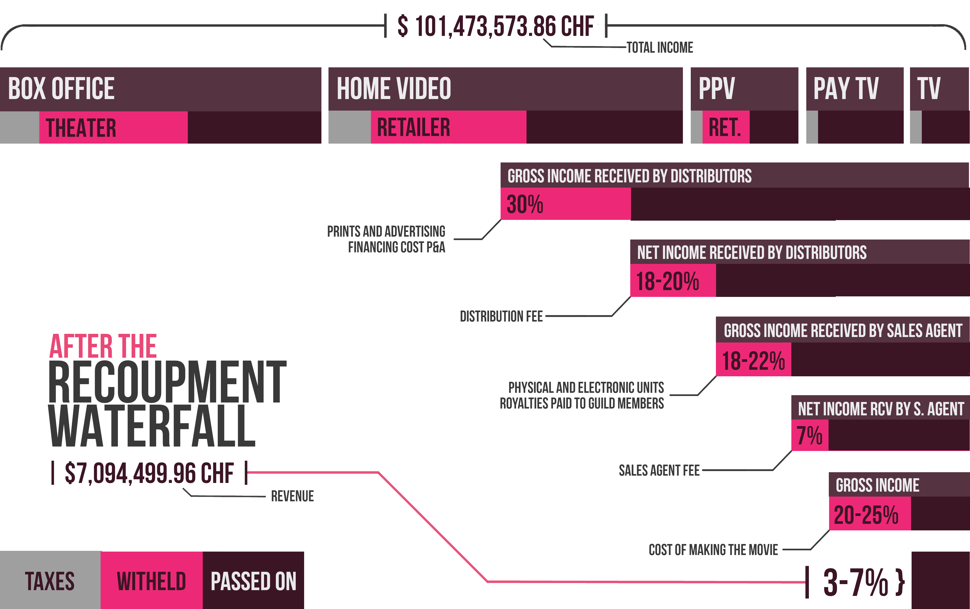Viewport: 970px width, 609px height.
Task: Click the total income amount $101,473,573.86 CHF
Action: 495,26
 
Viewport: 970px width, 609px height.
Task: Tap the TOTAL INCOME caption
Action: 660,47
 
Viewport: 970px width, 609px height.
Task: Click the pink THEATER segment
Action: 113,128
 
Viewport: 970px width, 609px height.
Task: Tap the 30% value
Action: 525,204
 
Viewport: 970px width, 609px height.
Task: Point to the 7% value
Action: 809,436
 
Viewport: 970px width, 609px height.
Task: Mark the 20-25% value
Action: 866,515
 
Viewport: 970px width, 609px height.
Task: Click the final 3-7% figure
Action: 856,582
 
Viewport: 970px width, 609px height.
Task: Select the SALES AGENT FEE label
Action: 659,470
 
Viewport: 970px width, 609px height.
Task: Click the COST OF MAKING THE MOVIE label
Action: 713,550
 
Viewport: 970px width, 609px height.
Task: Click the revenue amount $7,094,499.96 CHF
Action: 149,473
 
